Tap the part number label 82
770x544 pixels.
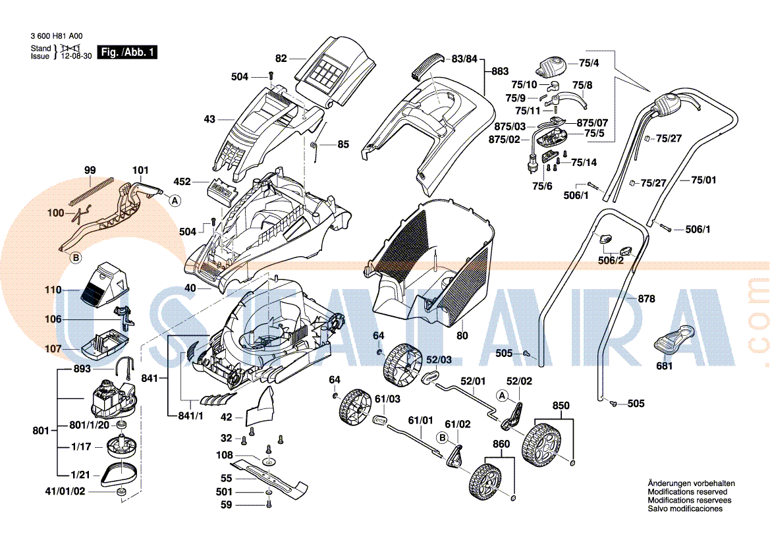(x=281, y=59)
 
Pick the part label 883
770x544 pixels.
(x=500, y=71)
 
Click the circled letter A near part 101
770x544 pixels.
(x=175, y=202)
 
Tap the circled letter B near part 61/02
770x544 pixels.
(x=442, y=437)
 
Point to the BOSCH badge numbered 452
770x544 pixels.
(x=222, y=190)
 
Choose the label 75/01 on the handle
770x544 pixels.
(x=703, y=180)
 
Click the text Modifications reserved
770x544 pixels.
(x=687, y=492)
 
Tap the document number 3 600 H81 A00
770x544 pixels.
(x=57, y=38)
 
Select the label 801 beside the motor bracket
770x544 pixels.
(x=40, y=431)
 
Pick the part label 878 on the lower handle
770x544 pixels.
(x=646, y=298)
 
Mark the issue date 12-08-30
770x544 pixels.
(x=76, y=57)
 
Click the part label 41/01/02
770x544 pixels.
(x=65, y=491)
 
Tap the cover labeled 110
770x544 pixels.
(x=102, y=285)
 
